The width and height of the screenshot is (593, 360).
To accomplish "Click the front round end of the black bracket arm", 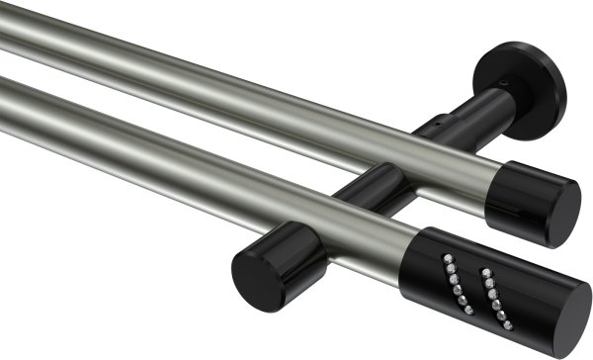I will pos(258,268).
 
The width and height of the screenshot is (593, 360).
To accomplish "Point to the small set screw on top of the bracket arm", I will pos(432,127).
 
